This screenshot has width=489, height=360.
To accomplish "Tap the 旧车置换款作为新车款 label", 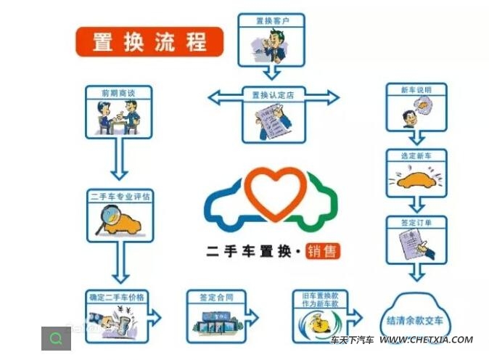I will tap(321, 300).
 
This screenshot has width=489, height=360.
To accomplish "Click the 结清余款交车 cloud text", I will tap(416, 320).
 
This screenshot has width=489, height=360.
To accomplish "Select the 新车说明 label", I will tap(416, 90).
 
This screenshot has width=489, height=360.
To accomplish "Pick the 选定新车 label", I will tap(416, 156).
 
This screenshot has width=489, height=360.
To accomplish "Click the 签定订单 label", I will tap(416, 223).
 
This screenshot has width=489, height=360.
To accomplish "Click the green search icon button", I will tap(56, 338).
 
